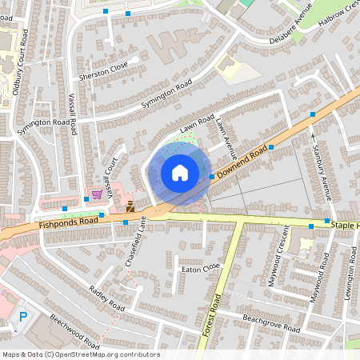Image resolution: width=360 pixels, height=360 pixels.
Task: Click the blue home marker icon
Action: [x=180, y=172]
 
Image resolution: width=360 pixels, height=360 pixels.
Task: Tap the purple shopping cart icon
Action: [x=97, y=194]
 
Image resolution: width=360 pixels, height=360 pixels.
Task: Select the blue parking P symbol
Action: [x=23, y=318]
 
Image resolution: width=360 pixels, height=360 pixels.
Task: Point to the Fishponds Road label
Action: [x=67, y=222]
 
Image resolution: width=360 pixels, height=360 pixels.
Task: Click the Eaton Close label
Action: [x=200, y=268]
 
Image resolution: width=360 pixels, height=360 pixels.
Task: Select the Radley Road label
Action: [x=107, y=298]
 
